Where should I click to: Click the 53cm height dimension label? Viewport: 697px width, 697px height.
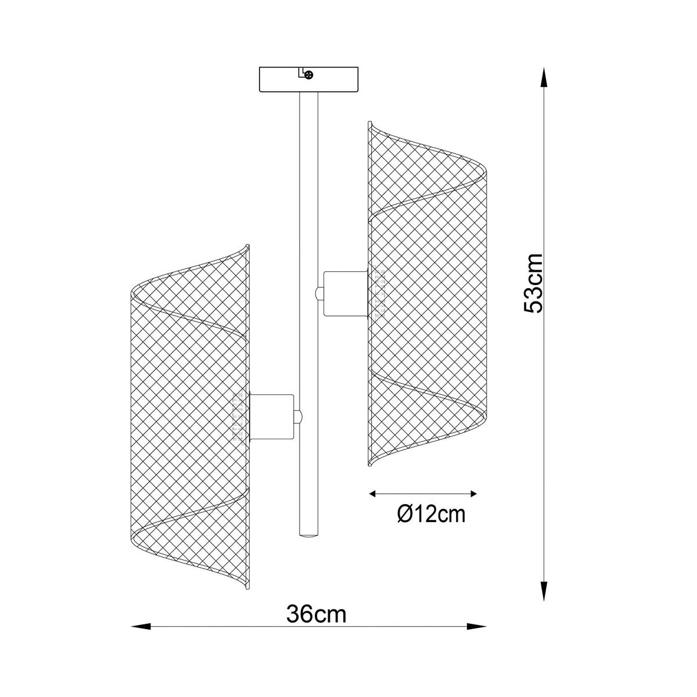533,284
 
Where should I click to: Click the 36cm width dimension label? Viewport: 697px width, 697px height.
317,614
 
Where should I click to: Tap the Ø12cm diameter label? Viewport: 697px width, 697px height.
431,514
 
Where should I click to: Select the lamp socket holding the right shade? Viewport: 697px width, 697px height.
345,293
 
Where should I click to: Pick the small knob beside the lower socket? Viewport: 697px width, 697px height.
299,416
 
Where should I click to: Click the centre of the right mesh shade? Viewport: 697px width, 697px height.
427,293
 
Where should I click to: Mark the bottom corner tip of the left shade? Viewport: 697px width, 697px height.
248,591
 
